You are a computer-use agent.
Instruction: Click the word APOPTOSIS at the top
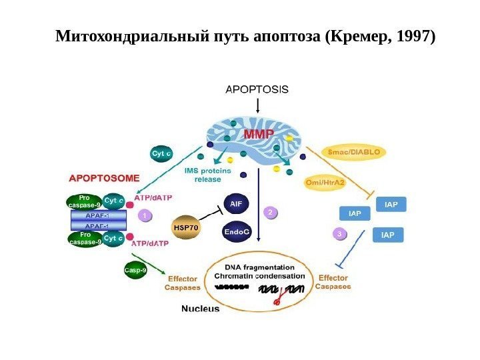pos(257,88)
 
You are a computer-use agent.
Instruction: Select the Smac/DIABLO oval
pos(355,153)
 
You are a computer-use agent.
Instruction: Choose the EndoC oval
pos(237,231)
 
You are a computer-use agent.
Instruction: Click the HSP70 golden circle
pos(186,227)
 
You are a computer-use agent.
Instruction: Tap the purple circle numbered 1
pos(145,216)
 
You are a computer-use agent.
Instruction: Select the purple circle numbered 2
pos(270,212)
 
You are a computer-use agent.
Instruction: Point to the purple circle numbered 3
pos(340,234)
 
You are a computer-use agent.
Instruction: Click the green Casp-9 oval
pos(136,269)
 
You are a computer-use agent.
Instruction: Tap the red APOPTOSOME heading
pos(105,179)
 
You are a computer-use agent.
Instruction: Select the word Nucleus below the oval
pos(201,309)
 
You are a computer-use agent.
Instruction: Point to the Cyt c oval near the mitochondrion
pos(163,153)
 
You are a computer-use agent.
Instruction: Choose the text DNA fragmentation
pos(260,266)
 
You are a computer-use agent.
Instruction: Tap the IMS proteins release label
pos(208,175)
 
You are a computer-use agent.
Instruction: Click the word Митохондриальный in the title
pos(121,35)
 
